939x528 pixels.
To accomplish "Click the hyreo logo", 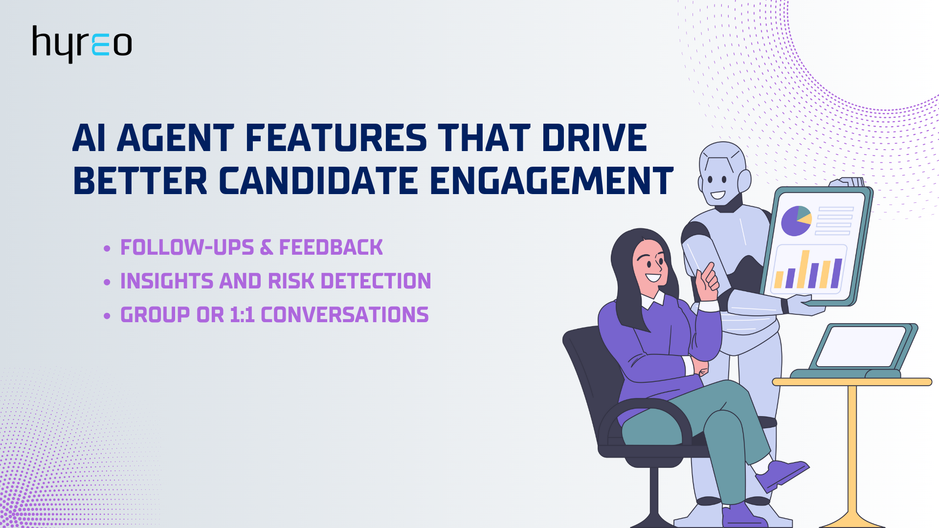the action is tap(82, 44).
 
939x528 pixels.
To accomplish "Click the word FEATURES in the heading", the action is tap(336, 138).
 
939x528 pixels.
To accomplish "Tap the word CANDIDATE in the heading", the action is tap(318, 181).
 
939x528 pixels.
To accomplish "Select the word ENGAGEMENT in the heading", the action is tap(552, 181).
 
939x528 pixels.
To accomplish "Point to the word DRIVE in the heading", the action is tap(594, 138).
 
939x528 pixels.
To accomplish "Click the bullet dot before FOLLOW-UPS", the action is tap(107, 248).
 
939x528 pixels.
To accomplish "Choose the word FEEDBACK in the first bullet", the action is tap(331, 247).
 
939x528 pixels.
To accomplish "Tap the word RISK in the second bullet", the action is tap(291, 281).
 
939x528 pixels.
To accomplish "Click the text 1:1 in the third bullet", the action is tap(242, 315).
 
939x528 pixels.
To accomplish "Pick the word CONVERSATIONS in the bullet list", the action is tap(345, 315).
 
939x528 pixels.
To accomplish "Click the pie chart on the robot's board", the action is tap(796, 221).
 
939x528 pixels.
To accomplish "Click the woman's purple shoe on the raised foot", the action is tap(782, 474).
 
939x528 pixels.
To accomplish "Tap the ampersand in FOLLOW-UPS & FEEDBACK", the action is tap(267, 248).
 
